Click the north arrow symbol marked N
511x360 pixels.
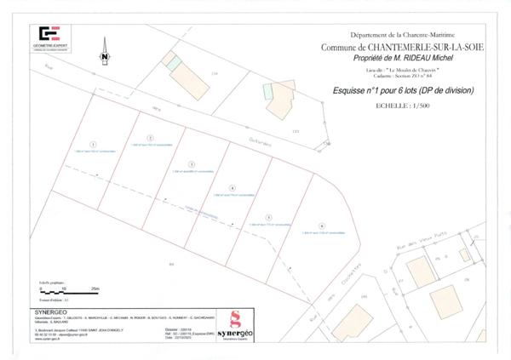(x=104, y=53)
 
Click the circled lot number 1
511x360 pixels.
(x=94, y=144)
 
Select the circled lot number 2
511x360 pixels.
(x=150, y=137)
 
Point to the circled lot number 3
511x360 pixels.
(x=192, y=163)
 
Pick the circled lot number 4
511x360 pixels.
(x=233, y=186)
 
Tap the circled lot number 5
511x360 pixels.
(x=268, y=217)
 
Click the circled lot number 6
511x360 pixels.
(x=322, y=225)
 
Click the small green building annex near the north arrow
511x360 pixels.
(x=173, y=62)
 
